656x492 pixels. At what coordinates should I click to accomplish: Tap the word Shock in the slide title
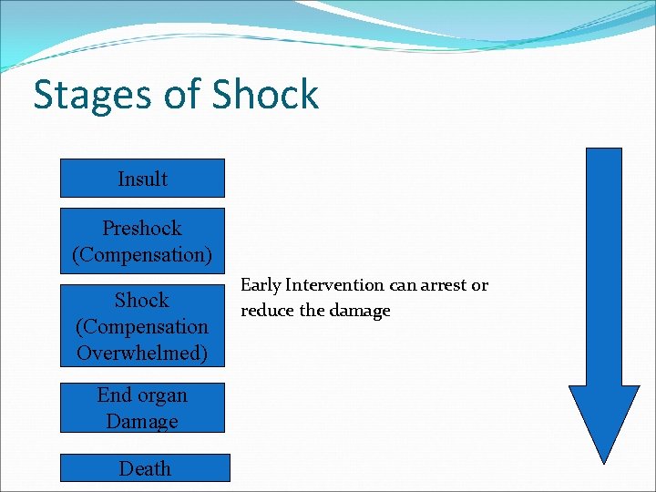pos(265,94)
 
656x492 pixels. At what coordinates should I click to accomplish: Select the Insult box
pos(142,179)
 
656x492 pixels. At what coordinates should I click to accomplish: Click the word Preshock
pos(142,228)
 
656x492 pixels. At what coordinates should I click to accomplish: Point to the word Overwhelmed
pos(142,353)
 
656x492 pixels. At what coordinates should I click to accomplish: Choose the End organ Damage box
pos(142,407)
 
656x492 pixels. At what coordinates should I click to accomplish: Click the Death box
pos(145,468)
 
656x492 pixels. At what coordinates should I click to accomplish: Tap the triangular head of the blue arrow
pos(604,419)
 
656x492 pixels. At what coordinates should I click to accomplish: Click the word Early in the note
pos(260,285)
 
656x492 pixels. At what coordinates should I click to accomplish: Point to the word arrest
pos(441,285)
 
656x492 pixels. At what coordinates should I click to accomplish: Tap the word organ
pos(164,395)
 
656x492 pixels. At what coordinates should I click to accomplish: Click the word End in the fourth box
pos(116,395)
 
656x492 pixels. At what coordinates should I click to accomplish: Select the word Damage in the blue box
pos(142,421)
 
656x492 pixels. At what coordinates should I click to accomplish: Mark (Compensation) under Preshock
pos(142,254)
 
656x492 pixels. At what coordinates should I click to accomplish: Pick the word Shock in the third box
pos(142,300)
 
